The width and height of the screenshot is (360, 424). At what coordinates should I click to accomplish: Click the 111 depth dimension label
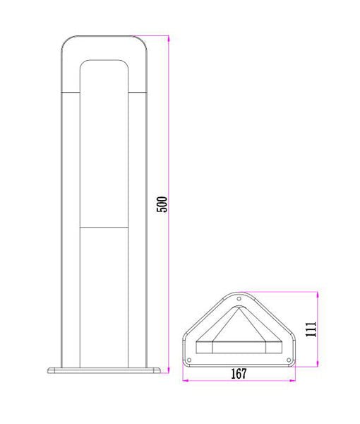[x=311, y=329]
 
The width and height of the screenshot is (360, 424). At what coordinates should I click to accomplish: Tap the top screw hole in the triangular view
[x=239, y=300]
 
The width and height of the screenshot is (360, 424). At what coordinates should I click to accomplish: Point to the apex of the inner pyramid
[x=239, y=310]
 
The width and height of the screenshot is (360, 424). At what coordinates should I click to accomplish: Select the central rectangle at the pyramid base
[x=239, y=348]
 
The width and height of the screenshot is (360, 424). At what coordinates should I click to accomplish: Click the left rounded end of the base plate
[x=49, y=370]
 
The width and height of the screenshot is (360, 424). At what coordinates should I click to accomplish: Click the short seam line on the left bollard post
[x=71, y=93]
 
